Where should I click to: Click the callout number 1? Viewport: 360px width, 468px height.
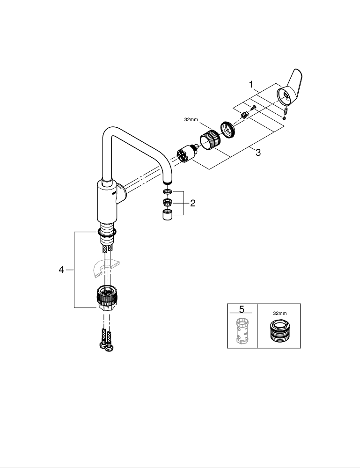click(251, 85)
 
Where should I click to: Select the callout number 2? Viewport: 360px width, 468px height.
click(192, 203)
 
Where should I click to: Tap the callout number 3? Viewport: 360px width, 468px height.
click(258, 153)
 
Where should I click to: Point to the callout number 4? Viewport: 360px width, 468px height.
click(61, 270)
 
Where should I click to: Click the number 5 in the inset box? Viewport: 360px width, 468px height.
click(242, 310)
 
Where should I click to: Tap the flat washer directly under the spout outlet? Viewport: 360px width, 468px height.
click(167, 192)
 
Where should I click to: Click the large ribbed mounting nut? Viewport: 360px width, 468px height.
click(107, 296)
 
